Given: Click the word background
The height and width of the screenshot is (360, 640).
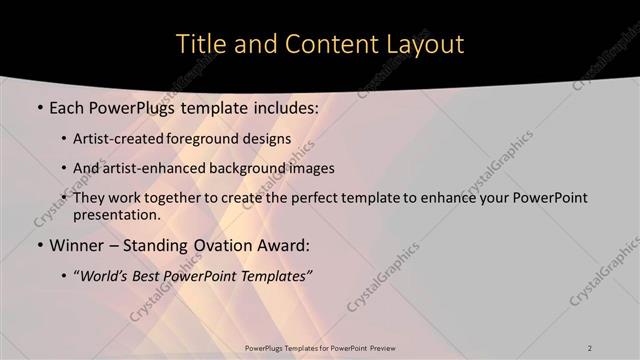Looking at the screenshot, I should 252,168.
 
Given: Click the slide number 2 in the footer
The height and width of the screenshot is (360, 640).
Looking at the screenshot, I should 590,347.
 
